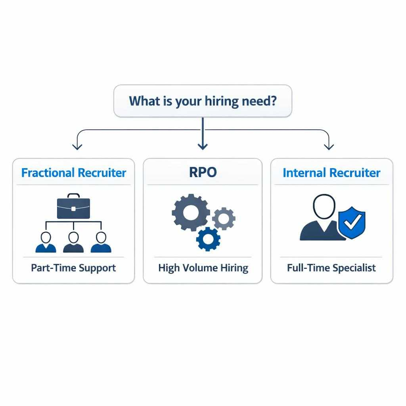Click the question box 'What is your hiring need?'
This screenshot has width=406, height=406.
tap(203, 101)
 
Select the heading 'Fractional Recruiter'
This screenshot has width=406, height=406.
tap(73, 173)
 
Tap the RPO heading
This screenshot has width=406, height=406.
tap(203, 172)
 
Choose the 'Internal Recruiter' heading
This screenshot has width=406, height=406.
tap(331, 173)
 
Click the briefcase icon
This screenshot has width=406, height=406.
tap(73, 206)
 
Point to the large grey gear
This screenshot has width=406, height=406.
tap(191, 213)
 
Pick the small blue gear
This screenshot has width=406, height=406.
tap(208, 239)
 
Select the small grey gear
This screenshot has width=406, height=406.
tap(224, 218)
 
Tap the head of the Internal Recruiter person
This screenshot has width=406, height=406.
tap(324, 207)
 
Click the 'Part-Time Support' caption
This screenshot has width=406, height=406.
tap(73, 268)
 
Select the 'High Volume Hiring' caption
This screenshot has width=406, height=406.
tap(203, 268)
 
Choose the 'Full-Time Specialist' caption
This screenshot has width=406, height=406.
tap(331, 268)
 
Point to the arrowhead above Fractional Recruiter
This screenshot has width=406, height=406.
tap(77, 147)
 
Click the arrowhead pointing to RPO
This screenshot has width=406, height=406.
tap(203, 147)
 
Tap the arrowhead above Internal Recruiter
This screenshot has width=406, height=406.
tap(329, 147)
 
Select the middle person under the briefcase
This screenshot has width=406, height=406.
tap(73, 242)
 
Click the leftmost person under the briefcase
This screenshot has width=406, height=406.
tap(46, 242)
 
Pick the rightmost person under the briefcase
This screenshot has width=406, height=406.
tap(101, 242)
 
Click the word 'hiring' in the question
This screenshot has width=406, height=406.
tap(222, 101)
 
